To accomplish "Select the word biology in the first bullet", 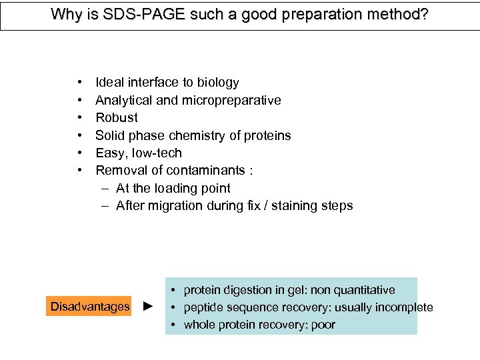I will [x=216, y=83].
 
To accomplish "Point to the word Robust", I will [x=117, y=117].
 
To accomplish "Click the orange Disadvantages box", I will [x=90, y=307].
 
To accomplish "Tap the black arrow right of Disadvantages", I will [x=149, y=307].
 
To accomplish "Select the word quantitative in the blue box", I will [x=364, y=290].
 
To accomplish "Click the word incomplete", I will [x=404, y=307].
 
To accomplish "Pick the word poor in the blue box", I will [x=323, y=325].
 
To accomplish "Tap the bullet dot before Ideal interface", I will [x=80, y=83].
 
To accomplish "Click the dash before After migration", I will [x=105, y=205].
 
